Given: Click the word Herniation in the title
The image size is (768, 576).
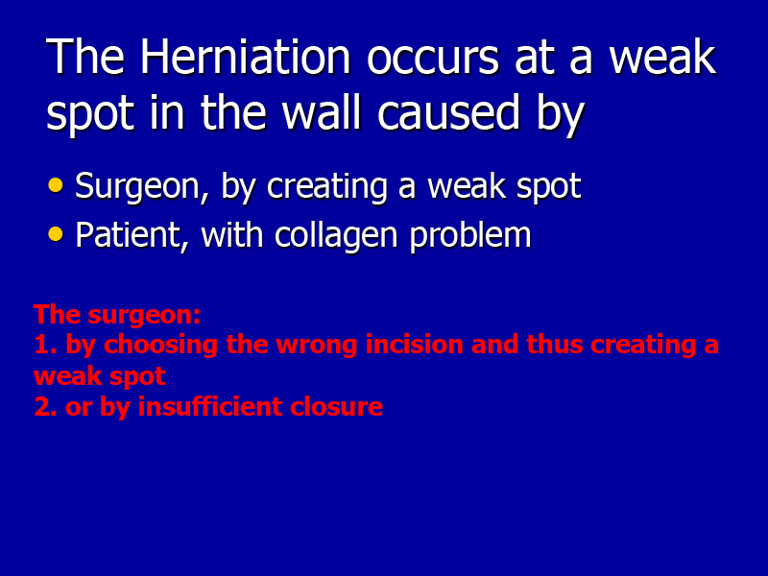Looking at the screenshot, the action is [246, 58].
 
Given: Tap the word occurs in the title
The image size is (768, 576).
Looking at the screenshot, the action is [433, 61].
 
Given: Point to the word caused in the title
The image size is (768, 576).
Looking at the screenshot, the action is [448, 112].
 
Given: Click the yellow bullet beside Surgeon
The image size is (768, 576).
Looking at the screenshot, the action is [56, 185].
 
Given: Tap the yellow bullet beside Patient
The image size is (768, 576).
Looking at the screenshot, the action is [56, 234].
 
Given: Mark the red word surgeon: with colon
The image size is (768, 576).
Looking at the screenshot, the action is [144, 315].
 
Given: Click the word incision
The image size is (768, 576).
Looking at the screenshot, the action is [415, 345].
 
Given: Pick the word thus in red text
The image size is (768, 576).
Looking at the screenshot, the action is [554, 345].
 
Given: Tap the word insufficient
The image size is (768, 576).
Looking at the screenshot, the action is [210, 406].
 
